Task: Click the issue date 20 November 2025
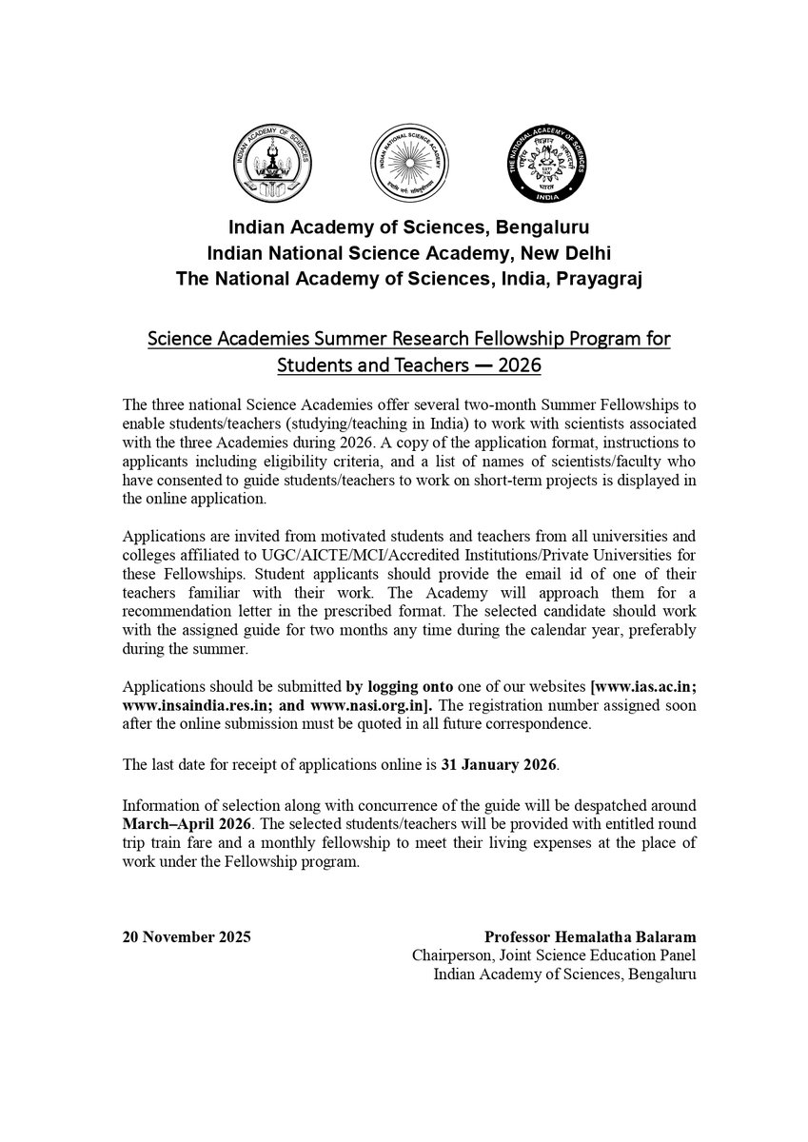[187, 937]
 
